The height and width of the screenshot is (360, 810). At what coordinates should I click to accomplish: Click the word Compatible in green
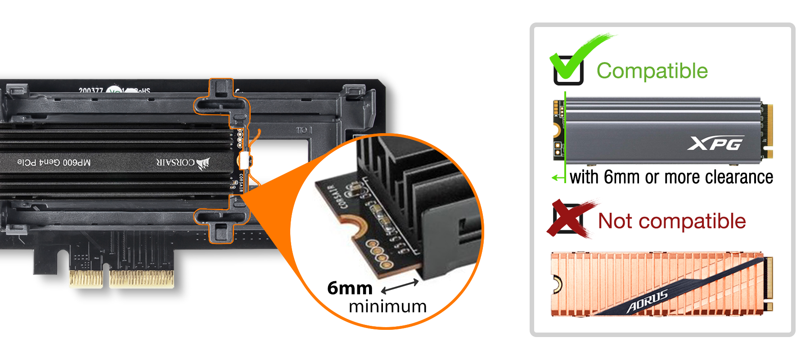(x=652, y=71)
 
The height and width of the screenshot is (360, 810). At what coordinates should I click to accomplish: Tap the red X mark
(x=570, y=219)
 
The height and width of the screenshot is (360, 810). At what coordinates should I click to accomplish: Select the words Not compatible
(x=671, y=221)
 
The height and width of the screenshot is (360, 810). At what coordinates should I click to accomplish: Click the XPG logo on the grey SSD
(x=715, y=144)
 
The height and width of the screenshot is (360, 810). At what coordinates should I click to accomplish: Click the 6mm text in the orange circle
(x=350, y=288)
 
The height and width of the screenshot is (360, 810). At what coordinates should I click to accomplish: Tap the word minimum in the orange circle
(x=387, y=306)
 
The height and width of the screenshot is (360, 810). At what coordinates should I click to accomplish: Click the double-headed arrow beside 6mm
(x=400, y=286)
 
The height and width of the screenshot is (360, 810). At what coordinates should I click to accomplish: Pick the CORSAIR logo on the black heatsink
(x=183, y=162)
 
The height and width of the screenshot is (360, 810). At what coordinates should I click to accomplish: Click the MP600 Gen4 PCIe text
(x=54, y=162)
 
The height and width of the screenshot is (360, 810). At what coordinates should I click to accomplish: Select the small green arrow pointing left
(x=558, y=178)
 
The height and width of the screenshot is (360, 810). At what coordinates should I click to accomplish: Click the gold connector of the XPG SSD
(x=770, y=130)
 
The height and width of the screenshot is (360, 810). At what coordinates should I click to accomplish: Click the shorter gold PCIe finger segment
(x=86, y=279)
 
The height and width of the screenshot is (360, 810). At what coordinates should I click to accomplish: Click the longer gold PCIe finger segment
(x=141, y=279)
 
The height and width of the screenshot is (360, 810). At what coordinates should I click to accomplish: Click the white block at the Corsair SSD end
(x=245, y=160)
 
